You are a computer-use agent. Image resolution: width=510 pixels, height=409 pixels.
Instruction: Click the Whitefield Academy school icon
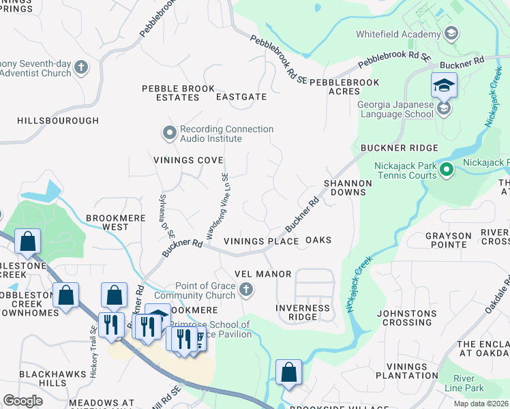[450, 33]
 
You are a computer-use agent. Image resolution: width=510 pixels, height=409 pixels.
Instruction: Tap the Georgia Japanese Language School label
[396, 109]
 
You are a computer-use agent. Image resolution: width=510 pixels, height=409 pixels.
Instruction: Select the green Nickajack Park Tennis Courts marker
[447, 168]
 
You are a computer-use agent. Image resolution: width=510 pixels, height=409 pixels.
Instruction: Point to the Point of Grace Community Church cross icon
[247, 291]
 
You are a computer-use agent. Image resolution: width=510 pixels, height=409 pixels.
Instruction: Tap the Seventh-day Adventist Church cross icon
[81, 67]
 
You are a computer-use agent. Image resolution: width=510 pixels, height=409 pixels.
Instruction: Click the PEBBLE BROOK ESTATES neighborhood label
[178, 93]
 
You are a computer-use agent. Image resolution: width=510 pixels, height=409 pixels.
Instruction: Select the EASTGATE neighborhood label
[241, 97]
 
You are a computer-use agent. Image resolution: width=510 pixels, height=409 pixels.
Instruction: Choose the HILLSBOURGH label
[58, 120]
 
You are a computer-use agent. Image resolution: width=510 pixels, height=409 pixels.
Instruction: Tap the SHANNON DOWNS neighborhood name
[348, 187]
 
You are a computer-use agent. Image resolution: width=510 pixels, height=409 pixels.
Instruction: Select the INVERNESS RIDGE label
[303, 312]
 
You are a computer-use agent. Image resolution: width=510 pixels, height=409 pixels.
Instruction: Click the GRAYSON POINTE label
[448, 241]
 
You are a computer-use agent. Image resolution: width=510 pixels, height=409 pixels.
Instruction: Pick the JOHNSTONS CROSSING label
[407, 318]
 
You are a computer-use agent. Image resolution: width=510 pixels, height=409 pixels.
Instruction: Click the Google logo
[23, 401]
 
